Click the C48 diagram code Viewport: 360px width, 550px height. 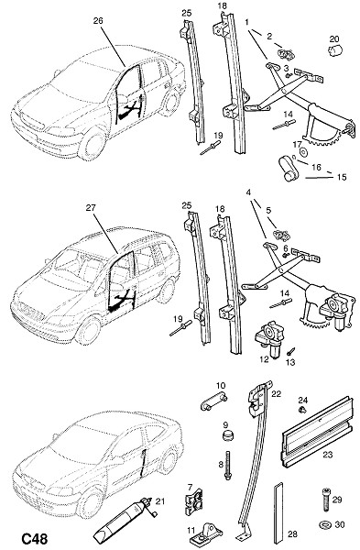tap(35, 539)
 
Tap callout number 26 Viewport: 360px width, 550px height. tap(98, 21)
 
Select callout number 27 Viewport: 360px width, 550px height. tap(91, 208)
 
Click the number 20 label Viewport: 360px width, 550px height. tap(334, 38)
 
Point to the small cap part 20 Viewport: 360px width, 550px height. tap(334, 50)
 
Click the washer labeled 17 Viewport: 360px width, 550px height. tap(303, 152)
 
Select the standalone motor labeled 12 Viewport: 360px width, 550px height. tap(270, 339)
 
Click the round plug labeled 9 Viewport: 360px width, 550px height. tap(228, 436)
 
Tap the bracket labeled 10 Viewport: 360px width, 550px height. tap(213, 402)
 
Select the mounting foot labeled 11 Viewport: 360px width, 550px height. tap(206, 533)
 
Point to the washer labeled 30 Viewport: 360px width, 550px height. tap(325, 525)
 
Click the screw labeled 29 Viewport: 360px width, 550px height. tap(325, 500)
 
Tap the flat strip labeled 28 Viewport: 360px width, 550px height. tap(278, 513)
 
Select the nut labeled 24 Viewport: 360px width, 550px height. tap(302, 410)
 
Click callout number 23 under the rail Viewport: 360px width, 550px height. tap(327, 455)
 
